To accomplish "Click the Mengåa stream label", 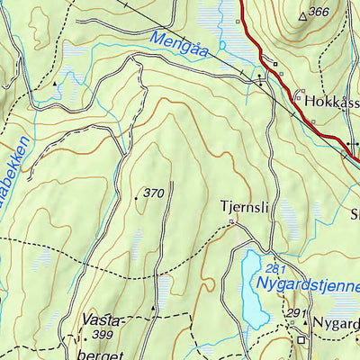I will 179,46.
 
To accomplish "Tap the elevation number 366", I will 318,13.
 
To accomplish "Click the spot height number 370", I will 154,193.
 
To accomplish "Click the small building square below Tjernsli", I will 231,220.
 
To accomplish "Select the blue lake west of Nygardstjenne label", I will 252,288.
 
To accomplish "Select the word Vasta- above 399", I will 100,319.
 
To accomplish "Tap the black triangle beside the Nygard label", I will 305,321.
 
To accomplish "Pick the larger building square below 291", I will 302,339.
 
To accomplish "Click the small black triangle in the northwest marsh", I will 56,83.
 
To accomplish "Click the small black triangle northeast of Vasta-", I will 154,309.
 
